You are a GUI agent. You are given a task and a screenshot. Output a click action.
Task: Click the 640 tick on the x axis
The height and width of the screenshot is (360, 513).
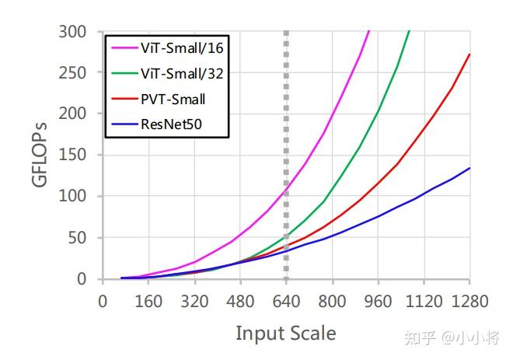point(286,301)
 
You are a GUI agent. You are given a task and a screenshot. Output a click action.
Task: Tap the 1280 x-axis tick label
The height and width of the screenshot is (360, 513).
point(469,301)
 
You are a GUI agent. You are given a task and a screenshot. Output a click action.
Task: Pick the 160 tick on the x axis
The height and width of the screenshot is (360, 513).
point(148,301)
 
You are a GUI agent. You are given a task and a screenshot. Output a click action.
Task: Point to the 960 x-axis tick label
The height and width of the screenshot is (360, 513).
point(378,301)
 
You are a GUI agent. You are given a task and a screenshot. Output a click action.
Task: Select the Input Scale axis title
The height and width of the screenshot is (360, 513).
point(286,334)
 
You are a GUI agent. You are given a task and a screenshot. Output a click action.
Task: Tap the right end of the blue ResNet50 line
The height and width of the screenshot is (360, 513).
point(469,168)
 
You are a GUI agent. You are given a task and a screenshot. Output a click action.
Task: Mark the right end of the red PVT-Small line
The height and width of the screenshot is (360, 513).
point(469,54)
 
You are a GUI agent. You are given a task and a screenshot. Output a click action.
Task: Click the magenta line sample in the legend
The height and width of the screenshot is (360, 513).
point(121,49)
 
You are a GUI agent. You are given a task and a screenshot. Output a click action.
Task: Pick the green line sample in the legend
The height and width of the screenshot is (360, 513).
point(121,74)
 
